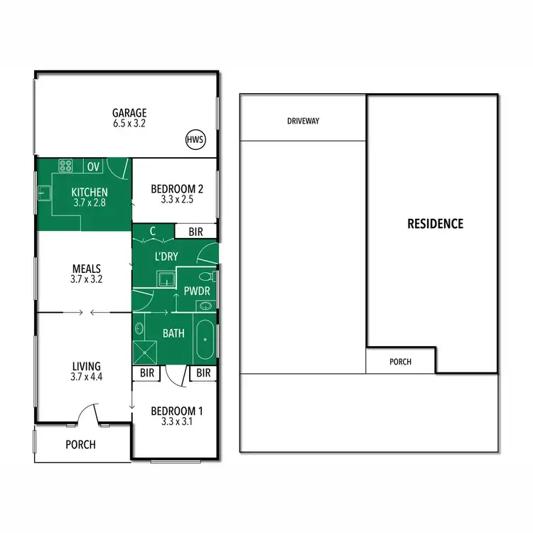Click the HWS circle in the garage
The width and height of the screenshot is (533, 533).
[195, 140]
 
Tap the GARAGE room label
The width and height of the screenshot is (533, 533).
[129, 112]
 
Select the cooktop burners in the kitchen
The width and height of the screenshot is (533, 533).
[67, 166]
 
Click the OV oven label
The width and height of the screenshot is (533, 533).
[94, 167]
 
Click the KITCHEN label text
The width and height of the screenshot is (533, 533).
[90, 192]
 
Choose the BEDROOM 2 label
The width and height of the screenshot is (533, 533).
[178, 189]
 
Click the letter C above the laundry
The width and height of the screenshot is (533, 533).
[154, 231]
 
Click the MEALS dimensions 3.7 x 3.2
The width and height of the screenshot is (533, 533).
[87, 279]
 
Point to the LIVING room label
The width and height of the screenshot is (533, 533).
[87, 367]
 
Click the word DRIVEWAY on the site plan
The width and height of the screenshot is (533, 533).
[303, 121]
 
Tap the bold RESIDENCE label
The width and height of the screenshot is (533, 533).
[435, 224]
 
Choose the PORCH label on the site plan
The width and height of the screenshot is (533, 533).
[401, 361]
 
